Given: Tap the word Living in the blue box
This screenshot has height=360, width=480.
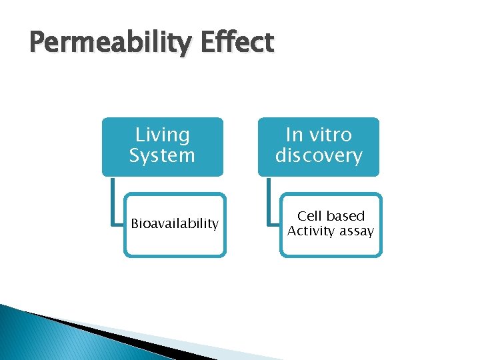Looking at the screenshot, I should coord(162,135).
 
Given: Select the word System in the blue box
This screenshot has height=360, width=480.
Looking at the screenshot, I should coord(162,156).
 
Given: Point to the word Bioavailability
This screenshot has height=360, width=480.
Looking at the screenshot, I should coord(175,224).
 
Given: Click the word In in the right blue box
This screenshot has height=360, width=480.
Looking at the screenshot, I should coord(294,135).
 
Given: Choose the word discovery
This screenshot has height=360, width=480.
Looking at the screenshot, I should coord(319,156).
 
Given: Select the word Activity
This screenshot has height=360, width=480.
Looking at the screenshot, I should coord(310,231).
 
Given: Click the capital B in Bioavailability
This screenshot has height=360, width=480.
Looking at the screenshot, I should coord(135,224).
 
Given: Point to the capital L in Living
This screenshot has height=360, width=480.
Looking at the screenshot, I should coord(140,135).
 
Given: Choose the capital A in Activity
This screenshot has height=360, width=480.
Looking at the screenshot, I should coord(292,231).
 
